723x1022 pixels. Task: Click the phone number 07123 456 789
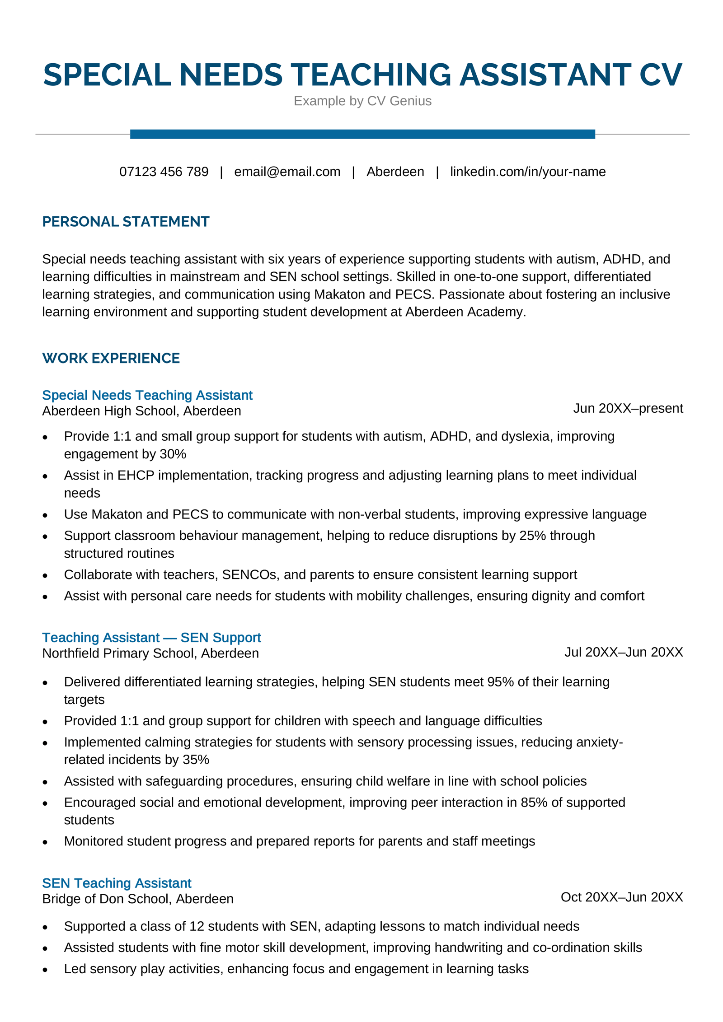point(164,172)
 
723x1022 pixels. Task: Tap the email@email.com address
point(287,172)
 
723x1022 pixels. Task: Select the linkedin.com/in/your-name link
point(527,172)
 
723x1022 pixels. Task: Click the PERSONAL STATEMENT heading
point(126,221)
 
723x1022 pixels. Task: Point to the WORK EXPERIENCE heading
point(111,358)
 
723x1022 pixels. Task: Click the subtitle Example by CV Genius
point(362,101)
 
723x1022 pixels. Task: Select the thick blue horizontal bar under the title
point(362,134)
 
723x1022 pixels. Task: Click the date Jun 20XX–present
point(628,408)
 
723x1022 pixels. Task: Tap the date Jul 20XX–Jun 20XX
point(623,652)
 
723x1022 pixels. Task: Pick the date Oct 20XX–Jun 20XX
point(621,897)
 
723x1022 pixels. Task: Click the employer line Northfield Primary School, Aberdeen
point(150,653)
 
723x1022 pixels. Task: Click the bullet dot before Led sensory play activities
point(45,970)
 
